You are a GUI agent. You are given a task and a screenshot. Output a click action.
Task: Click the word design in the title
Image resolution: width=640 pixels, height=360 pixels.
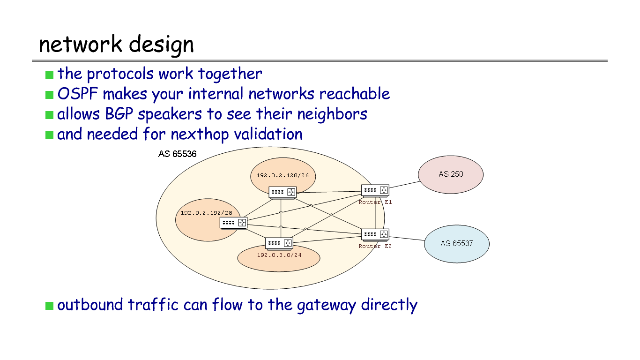(x=161, y=45)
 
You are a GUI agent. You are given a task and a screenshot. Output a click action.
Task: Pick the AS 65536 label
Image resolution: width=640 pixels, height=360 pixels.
(x=177, y=154)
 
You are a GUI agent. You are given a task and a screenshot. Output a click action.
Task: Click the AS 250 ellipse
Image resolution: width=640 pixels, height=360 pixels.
(x=451, y=174)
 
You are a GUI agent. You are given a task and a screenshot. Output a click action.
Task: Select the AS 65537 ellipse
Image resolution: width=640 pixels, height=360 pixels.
(x=456, y=244)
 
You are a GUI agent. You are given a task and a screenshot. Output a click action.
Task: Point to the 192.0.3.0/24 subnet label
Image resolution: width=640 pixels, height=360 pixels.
(x=279, y=255)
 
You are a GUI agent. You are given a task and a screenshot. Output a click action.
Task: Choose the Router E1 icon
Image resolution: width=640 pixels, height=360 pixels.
(x=375, y=190)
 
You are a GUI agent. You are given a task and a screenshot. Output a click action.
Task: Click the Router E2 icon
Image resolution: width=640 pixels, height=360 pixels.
(x=375, y=234)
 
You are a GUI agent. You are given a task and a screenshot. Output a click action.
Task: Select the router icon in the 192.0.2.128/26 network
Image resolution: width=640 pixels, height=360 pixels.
(x=283, y=192)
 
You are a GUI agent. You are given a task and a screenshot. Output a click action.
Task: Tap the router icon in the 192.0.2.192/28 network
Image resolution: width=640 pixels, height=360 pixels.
(x=233, y=223)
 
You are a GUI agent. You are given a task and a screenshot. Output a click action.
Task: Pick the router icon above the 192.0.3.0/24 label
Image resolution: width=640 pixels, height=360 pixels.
(x=279, y=243)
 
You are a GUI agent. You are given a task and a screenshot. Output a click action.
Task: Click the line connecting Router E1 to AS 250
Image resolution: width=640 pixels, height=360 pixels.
(x=404, y=185)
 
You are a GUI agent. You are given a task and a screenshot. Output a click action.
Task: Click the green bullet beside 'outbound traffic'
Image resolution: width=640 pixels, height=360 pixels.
(x=50, y=306)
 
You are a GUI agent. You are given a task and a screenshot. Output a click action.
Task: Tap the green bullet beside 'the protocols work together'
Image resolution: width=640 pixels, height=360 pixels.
(x=50, y=75)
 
